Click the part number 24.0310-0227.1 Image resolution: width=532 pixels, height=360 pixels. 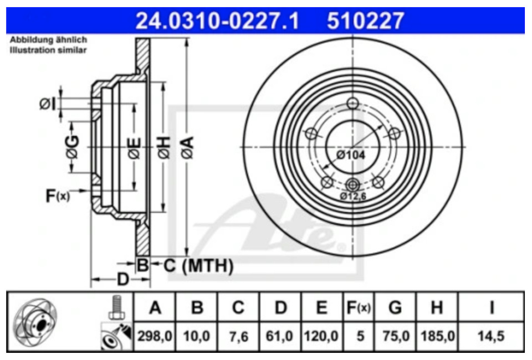(x=217, y=20)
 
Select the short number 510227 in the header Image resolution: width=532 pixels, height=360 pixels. (x=365, y=20)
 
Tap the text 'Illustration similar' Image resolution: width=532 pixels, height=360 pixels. (x=48, y=50)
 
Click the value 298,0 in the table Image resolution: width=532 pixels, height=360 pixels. (x=155, y=336)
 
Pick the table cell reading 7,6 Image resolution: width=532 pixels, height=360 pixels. (x=238, y=337)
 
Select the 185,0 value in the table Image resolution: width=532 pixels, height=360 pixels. (x=437, y=336)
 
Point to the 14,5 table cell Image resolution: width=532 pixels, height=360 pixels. (x=491, y=336)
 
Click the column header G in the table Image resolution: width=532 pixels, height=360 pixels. (x=395, y=308)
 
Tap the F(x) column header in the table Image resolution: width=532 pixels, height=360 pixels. (x=359, y=308)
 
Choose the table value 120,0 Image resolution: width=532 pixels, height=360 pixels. (x=321, y=336)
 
